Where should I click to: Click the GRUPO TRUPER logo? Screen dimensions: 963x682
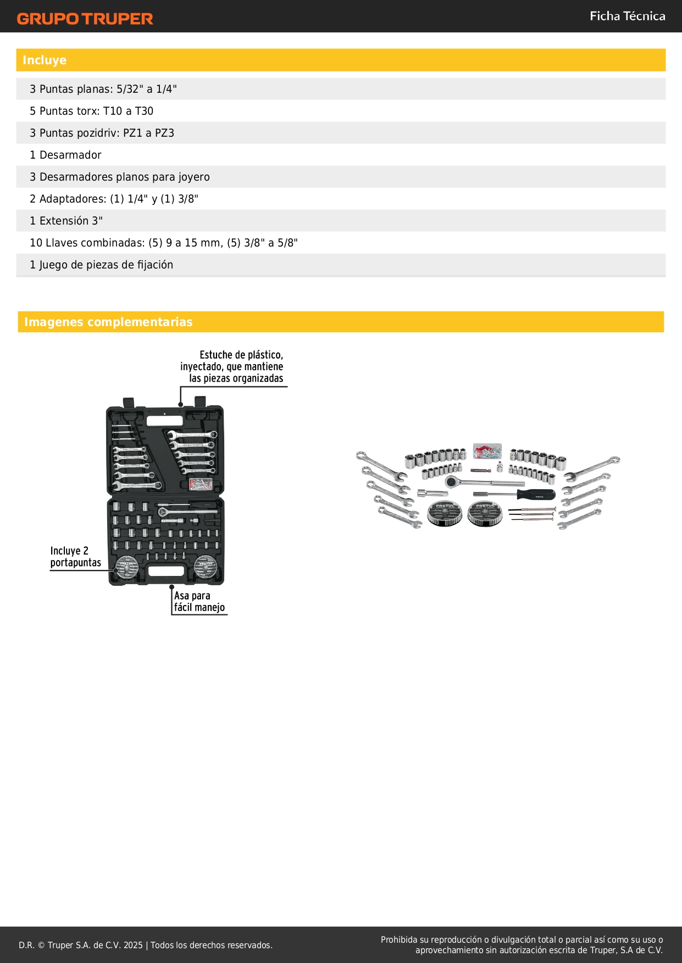point(85,19)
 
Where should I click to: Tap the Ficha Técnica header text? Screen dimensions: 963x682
point(627,16)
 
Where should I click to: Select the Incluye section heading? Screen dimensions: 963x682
point(45,60)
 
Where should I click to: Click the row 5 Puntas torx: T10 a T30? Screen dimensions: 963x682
point(92,111)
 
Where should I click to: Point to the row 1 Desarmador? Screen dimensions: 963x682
point(66,155)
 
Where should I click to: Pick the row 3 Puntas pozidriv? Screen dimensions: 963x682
point(102,133)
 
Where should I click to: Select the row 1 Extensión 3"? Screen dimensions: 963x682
point(66,221)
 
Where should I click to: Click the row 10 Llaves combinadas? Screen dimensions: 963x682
point(164,243)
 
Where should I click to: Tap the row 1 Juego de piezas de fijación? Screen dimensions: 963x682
point(102,265)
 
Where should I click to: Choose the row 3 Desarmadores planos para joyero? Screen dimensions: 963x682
point(120,177)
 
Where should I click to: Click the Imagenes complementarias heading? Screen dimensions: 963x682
point(108,322)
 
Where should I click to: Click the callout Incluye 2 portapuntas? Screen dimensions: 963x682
point(76,556)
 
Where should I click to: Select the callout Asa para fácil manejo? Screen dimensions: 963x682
point(199,601)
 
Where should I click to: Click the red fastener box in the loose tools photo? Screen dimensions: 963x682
point(487,451)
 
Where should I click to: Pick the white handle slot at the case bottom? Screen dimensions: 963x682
point(165,571)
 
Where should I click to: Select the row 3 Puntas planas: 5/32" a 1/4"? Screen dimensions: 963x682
point(103,89)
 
